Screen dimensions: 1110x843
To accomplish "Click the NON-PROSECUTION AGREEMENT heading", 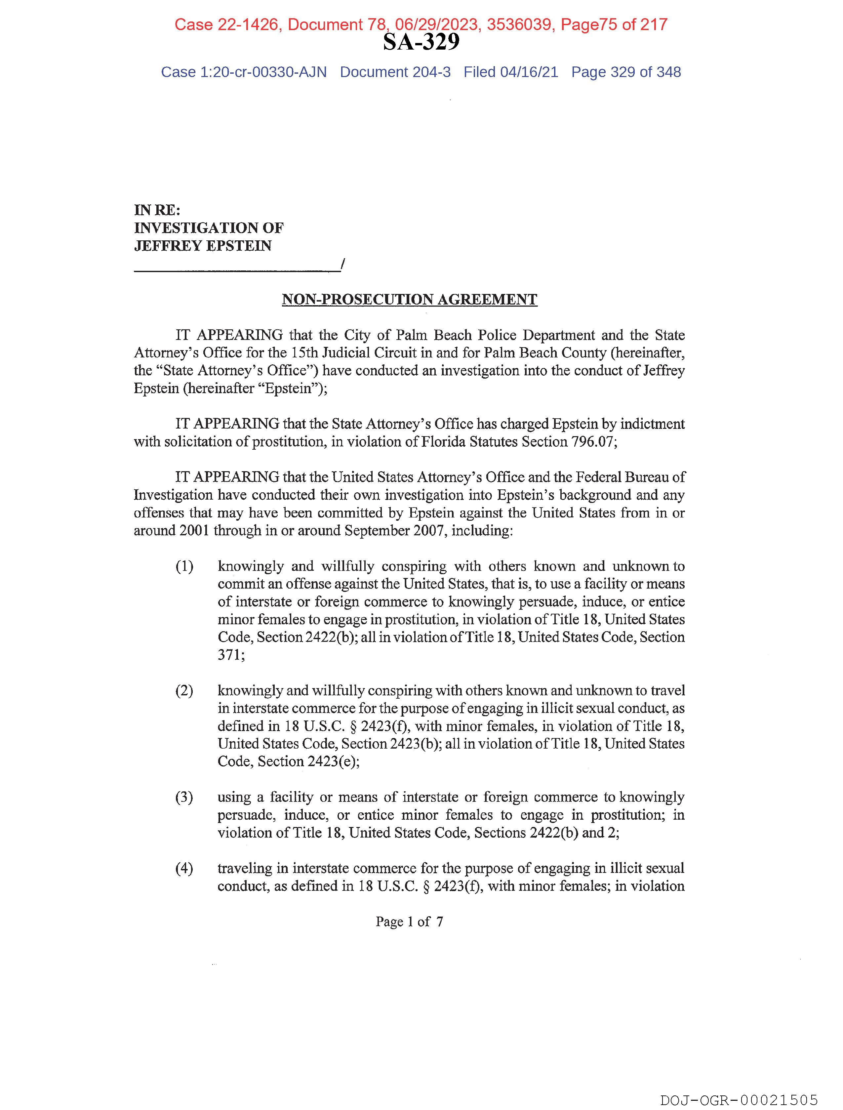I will [410, 300].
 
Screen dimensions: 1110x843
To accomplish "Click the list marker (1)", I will [184, 566].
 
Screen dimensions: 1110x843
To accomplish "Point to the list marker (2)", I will [184, 691].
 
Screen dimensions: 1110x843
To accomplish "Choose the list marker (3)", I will [184, 798].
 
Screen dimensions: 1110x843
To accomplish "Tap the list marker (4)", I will [184, 868].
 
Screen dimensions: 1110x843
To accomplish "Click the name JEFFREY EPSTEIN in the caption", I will [203, 246].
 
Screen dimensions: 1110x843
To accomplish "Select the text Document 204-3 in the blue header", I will [395, 72].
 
